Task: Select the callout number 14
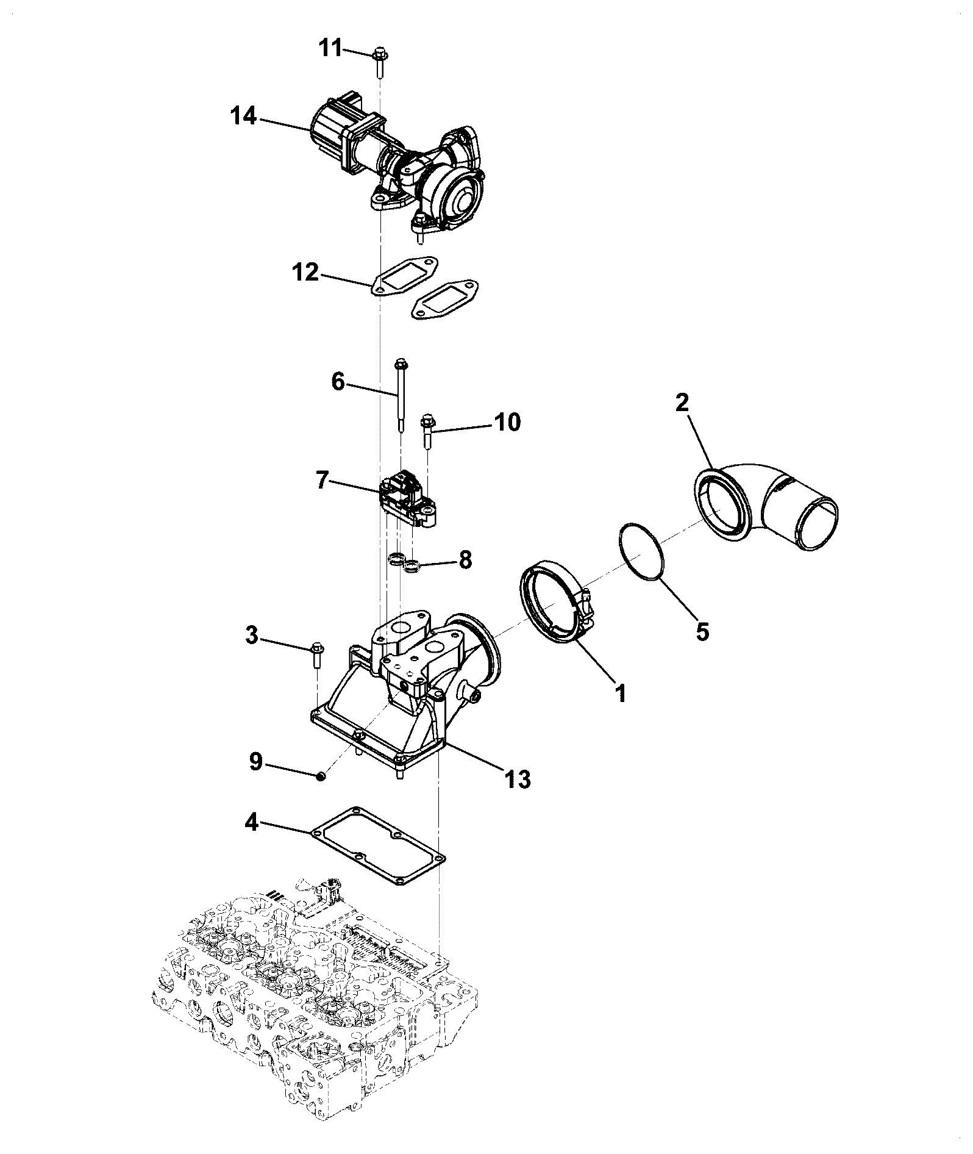pos(243,116)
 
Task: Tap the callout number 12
pos(305,273)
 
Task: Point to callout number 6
pos(338,382)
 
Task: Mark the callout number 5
pos(702,632)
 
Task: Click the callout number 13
pos(518,779)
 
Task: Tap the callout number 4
pos(252,824)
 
